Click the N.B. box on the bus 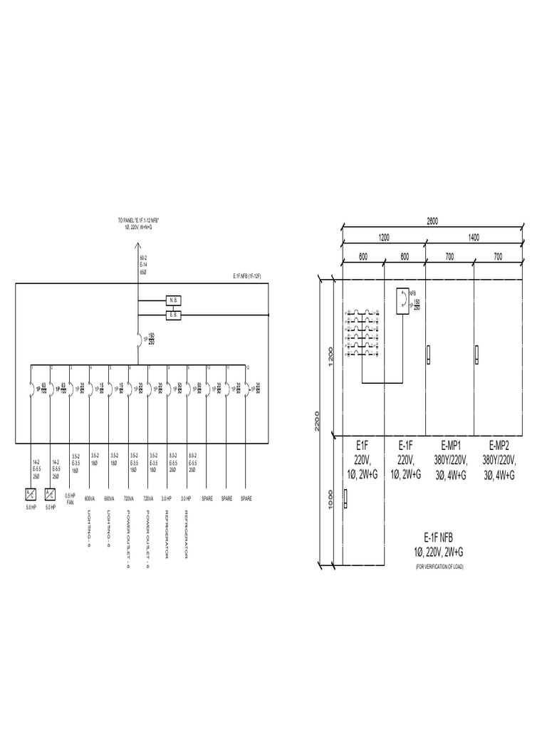175,300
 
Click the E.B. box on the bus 175,314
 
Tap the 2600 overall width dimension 432,221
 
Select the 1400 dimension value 474,238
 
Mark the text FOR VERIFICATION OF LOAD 439,567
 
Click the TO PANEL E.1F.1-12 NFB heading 138,221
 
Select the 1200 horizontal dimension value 385,238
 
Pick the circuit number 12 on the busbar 247,367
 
